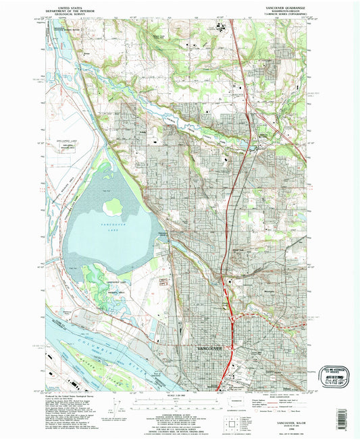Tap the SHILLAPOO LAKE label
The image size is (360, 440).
click(x=62, y=144)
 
